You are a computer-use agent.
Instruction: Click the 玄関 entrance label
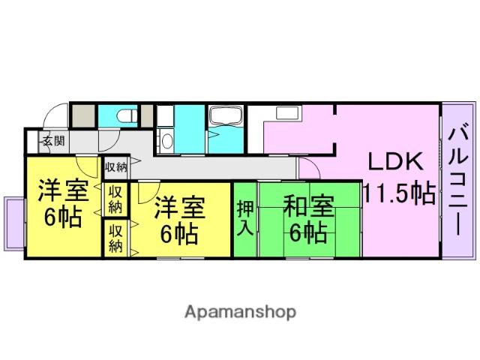[52, 140]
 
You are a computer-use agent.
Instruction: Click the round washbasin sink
[166, 142]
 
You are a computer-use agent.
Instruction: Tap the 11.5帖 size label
[399, 193]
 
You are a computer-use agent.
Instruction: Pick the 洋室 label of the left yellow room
[62, 190]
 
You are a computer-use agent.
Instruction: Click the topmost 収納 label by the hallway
[115, 166]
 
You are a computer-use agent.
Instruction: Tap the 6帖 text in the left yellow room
[61, 218]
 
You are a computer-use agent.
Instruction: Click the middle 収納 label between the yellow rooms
[115, 199]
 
